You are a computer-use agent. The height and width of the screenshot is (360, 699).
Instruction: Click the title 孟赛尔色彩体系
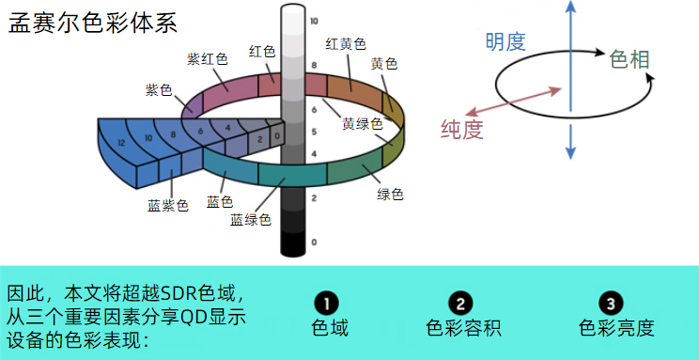click(93, 23)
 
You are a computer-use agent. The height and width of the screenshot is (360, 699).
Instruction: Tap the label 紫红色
click(208, 58)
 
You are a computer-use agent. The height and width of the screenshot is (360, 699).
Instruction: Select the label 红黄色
click(346, 44)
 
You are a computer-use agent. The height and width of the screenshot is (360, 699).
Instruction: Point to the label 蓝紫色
click(168, 205)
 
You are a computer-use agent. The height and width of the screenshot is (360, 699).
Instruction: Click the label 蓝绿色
click(251, 220)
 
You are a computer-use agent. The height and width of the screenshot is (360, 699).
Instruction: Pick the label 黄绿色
click(363, 123)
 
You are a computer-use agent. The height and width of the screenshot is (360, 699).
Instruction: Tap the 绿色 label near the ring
click(390, 194)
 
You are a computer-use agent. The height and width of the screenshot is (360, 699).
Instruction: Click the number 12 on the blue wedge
click(121, 143)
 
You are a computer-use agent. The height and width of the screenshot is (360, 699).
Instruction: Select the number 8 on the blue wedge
click(173, 133)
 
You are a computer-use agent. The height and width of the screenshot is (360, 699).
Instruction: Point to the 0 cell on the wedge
click(277, 136)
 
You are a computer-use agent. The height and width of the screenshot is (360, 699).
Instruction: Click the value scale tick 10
click(315, 21)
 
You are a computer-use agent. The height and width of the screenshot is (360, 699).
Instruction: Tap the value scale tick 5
click(314, 132)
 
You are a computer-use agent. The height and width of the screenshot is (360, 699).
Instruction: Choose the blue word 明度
click(505, 42)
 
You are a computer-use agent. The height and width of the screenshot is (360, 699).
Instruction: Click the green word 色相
click(629, 59)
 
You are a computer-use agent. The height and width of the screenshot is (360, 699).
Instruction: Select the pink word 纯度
click(462, 130)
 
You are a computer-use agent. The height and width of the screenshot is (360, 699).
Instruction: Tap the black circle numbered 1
click(326, 304)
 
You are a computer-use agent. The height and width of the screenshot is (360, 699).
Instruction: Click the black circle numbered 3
click(612, 304)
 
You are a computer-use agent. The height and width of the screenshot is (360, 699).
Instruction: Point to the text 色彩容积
click(463, 328)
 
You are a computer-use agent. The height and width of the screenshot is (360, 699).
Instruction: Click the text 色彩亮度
click(616, 328)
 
